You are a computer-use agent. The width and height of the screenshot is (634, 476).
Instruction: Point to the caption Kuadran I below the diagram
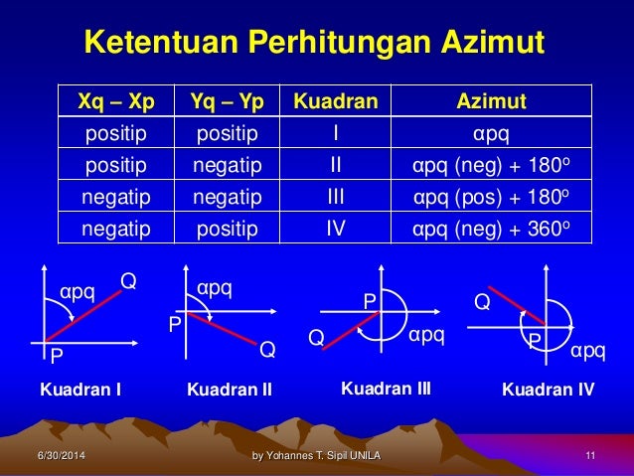[80, 391]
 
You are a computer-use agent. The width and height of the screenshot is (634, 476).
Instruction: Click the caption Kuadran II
[230, 391]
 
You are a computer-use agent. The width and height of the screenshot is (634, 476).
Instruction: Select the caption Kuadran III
[386, 389]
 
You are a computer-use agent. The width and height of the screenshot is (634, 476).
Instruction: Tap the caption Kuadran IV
[548, 391]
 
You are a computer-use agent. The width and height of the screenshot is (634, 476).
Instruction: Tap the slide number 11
[590, 456]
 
